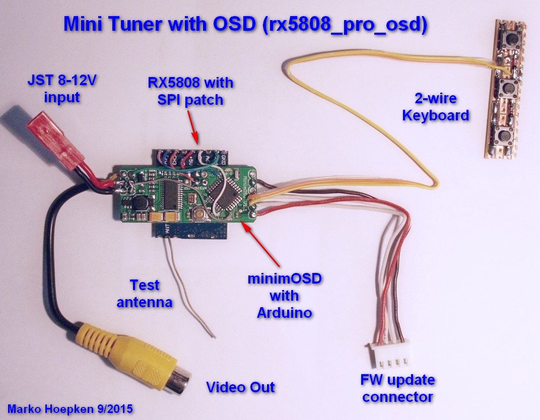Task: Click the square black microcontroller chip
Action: click(x=225, y=190)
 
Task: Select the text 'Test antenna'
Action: click(x=145, y=294)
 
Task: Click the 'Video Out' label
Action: click(x=241, y=387)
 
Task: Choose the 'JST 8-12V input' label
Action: click(x=54, y=88)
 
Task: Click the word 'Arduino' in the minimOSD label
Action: click(x=284, y=312)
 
